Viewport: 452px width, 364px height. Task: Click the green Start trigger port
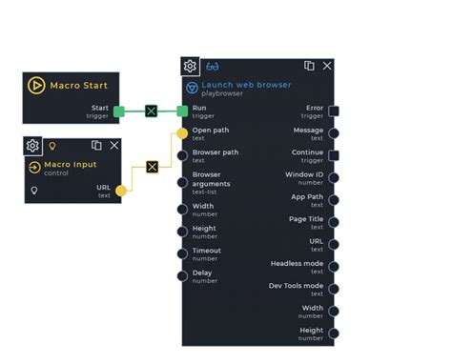coord(119,111)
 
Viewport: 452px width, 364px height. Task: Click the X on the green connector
coord(151,111)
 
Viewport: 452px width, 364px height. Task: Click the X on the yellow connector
coord(152,167)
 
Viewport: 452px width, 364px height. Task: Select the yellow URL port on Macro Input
coord(121,192)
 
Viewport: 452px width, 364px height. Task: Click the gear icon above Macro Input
coord(32,146)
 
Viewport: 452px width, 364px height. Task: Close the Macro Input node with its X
coord(114,146)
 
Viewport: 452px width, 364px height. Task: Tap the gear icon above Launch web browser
coord(191,67)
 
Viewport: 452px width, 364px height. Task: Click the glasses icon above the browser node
coord(212,67)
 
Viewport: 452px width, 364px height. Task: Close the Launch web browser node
coord(327,66)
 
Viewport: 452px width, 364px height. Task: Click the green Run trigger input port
coord(182,111)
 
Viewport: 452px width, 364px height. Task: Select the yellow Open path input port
coord(182,133)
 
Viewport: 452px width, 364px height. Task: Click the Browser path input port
coord(182,156)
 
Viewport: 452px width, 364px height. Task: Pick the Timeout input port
coord(182,253)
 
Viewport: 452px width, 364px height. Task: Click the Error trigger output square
coord(334,111)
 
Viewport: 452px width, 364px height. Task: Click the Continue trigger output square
coord(334,156)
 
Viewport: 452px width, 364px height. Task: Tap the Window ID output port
coord(334,178)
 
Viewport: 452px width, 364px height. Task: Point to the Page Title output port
coord(334,222)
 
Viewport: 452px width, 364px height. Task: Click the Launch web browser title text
coord(246,85)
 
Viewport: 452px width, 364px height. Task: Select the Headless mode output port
coord(334,267)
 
